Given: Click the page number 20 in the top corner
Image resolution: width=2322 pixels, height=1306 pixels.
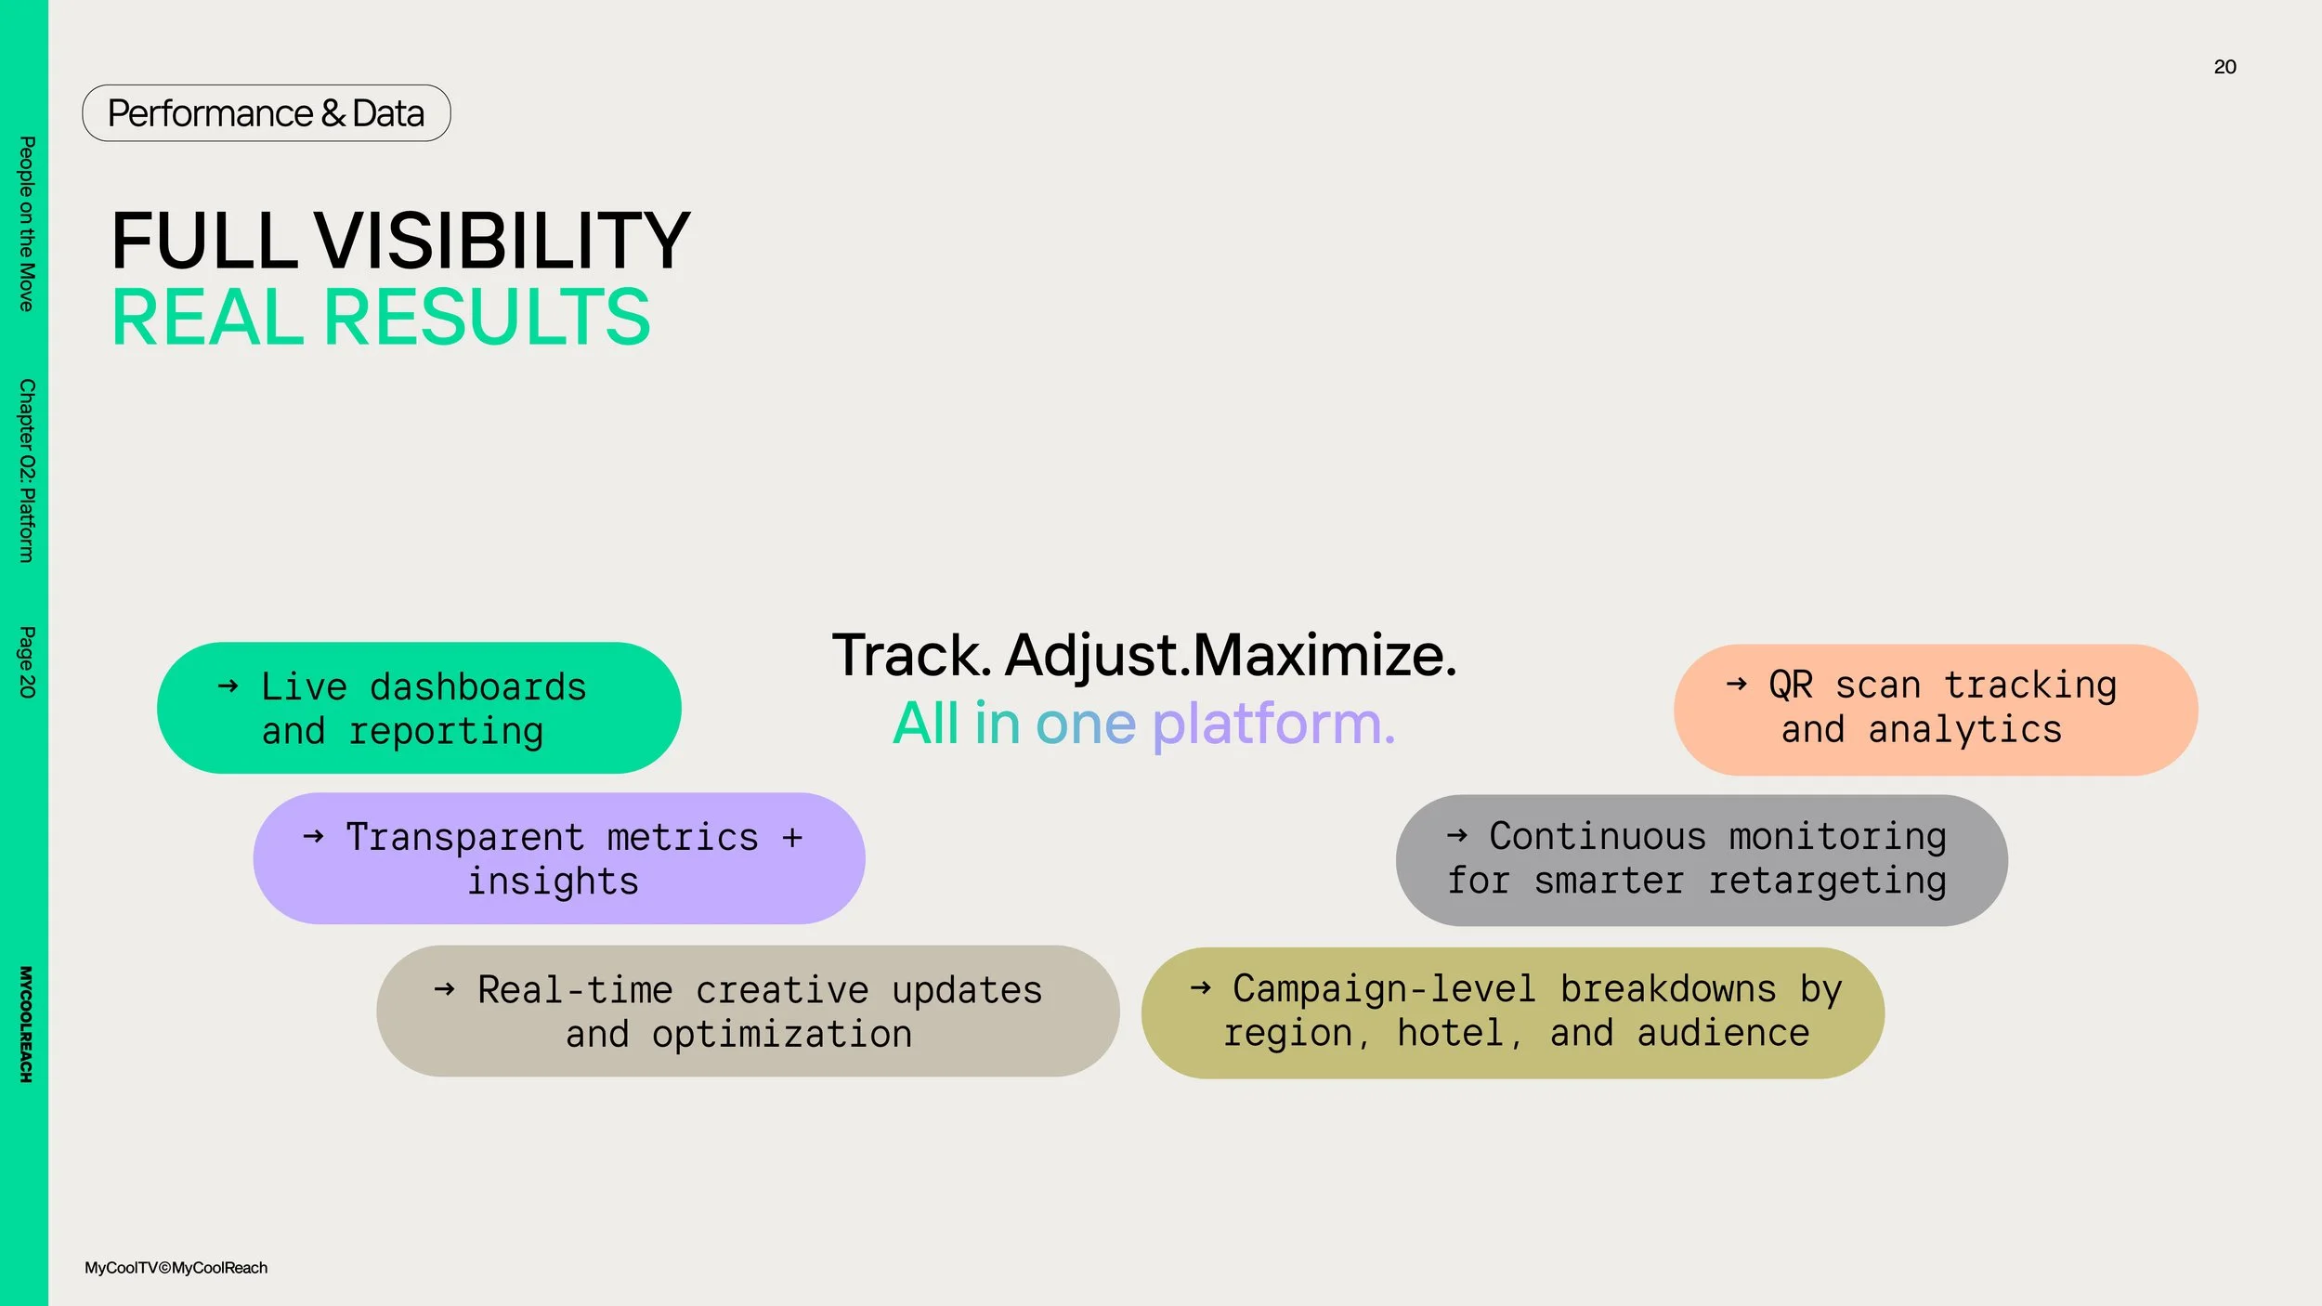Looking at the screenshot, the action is pos(2224,67).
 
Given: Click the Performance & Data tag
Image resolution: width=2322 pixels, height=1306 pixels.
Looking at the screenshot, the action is pos(267,113).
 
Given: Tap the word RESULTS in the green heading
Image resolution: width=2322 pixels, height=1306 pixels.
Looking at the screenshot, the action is pos(487,318).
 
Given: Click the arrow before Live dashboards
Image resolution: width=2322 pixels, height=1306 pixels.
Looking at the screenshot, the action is pos(228,686).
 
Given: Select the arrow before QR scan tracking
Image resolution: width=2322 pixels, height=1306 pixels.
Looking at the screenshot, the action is pos(1737,685).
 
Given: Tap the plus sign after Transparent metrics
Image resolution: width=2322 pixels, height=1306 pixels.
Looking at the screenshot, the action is pos(792,838).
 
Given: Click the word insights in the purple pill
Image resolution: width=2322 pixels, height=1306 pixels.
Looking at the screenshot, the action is pos(554,882).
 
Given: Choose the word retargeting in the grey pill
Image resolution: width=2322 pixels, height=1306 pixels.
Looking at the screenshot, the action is pos(1828,881).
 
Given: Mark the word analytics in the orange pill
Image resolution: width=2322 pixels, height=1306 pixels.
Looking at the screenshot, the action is pos(1965,730).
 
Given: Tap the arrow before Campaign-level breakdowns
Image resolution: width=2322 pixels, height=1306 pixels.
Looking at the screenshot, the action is pos(1201,987).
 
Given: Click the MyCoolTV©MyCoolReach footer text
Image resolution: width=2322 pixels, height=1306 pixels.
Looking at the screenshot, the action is pos(176,1268).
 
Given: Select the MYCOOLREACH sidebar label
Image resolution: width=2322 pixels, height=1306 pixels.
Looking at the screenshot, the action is pos(26,1024).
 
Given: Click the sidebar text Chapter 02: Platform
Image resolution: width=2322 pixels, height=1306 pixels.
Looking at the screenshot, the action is pos(27,470).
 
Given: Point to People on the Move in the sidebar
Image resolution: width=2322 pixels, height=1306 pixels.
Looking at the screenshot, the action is pos(27,224).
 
